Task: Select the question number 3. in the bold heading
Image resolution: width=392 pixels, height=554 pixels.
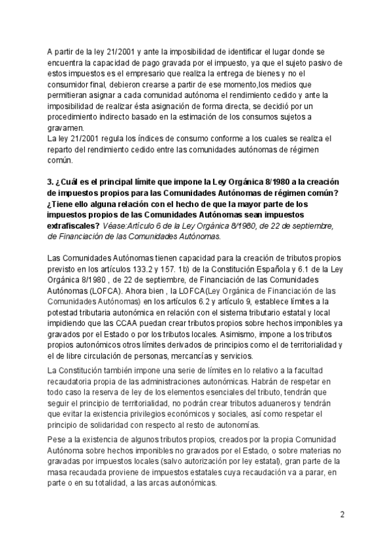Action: tap(52, 181)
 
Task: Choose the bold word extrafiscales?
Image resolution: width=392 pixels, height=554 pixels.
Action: tap(74, 225)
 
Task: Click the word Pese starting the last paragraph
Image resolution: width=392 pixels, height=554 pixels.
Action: tap(57, 442)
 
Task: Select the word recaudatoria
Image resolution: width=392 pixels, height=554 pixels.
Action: tap(76, 382)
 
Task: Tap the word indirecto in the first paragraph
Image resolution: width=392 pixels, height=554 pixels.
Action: tap(121, 117)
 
